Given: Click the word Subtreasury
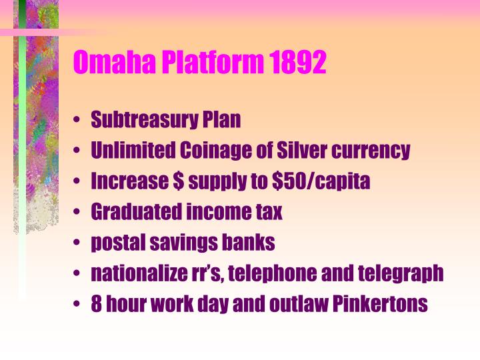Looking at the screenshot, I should [x=142, y=121].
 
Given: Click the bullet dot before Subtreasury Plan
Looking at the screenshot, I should [x=78, y=121].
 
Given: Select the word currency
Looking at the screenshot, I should [x=374, y=151].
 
